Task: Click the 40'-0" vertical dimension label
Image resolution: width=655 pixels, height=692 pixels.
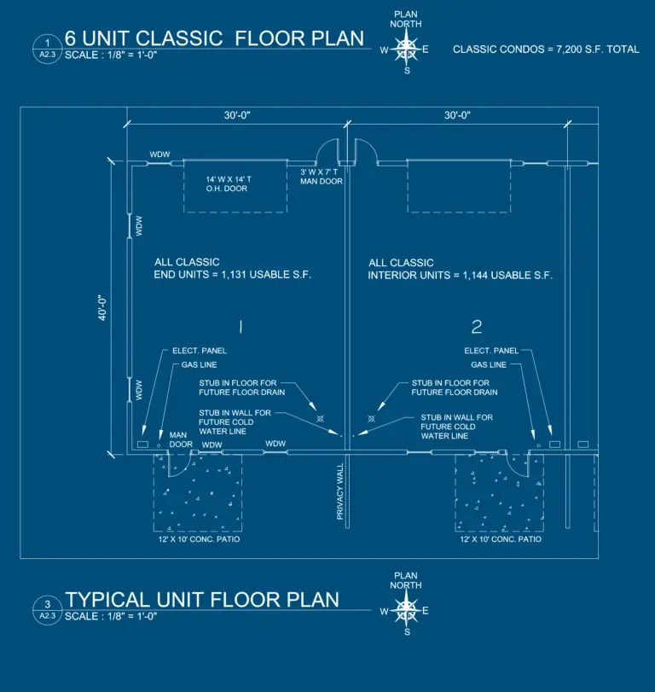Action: [102, 308]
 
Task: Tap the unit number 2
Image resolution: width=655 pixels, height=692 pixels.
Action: [477, 327]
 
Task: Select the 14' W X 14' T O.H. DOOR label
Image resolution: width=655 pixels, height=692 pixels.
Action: [229, 184]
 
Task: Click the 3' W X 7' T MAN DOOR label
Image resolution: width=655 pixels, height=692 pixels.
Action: [322, 177]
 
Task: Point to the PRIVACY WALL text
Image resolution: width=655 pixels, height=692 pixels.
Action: [340, 491]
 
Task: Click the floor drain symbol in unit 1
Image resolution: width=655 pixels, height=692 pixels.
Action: [321, 418]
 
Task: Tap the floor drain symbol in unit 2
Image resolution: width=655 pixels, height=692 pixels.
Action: [371, 418]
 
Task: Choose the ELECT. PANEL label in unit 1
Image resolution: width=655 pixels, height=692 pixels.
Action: [200, 351]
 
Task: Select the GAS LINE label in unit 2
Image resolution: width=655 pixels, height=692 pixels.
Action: [489, 365]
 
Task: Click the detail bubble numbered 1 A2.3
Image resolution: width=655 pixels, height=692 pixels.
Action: [48, 49]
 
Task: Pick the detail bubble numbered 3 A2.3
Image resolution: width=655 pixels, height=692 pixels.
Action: [48, 610]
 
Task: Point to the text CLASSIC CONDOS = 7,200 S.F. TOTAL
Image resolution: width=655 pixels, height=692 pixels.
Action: [546, 49]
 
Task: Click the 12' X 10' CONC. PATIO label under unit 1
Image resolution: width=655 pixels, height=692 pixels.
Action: [199, 539]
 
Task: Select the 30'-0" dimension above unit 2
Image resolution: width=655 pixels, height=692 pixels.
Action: [457, 115]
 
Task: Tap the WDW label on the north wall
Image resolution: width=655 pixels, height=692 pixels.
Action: [159, 154]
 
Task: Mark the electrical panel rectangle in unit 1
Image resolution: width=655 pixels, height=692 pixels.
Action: [142, 445]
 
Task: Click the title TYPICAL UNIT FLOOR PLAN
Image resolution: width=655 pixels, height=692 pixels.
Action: [202, 600]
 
